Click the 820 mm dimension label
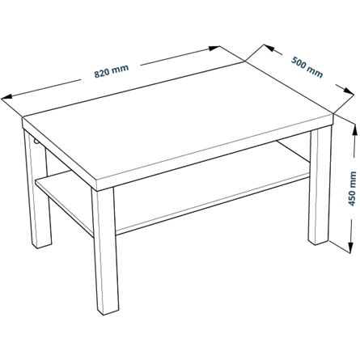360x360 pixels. point(112,71)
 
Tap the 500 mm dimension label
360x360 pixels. point(307,67)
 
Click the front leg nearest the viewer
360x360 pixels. point(105,251)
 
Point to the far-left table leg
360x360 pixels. point(37,188)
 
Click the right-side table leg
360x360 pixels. point(320,186)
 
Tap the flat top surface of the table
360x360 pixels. point(178,119)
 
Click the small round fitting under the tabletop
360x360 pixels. point(36,142)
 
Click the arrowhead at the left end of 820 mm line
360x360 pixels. point(6,97)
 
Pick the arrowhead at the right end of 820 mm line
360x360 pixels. point(214,48)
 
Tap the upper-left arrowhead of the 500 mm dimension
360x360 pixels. point(269,48)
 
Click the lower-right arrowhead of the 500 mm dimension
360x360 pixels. point(349,91)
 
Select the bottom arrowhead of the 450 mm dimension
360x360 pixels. point(350,248)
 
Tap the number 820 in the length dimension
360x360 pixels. point(102,74)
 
